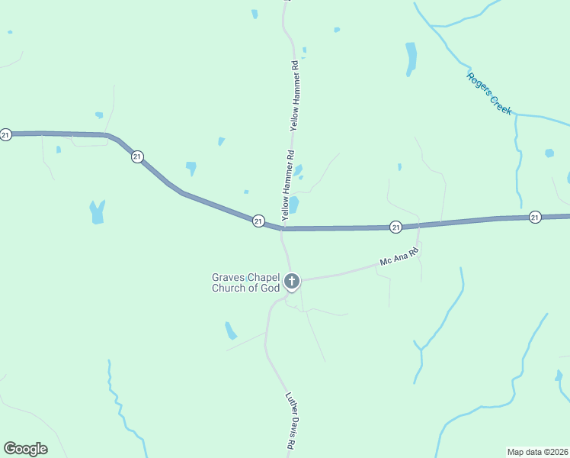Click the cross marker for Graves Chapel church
(x=291, y=282)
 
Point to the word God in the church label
(x=269, y=288)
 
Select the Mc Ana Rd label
(x=400, y=256)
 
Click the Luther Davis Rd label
(x=291, y=421)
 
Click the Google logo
(x=26, y=449)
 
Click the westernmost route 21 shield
(x=6, y=135)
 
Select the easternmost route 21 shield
(x=535, y=218)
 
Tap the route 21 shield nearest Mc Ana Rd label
(x=395, y=227)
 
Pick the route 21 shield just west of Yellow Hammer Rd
(x=258, y=221)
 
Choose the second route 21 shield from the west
(x=137, y=156)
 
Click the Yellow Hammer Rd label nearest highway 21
(x=289, y=186)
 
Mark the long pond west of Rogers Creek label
(x=411, y=58)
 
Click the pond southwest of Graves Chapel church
(x=230, y=331)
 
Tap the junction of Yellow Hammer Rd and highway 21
(x=283, y=227)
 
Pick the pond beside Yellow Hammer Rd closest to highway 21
(x=293, y=205)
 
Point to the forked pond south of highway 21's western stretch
(x=97, y=212)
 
